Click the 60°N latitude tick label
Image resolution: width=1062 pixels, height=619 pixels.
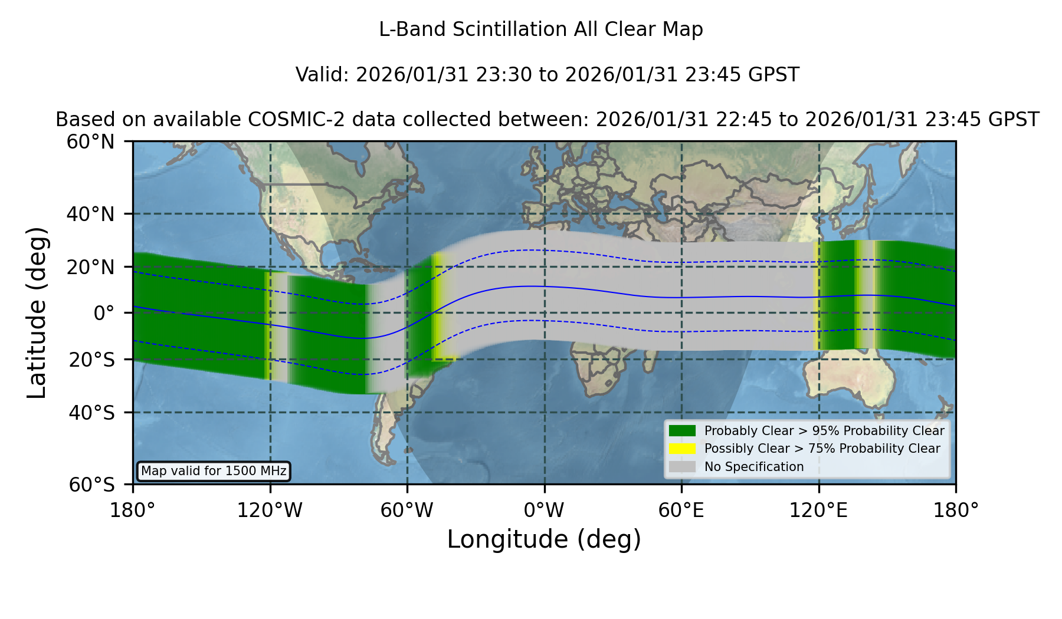(x=91, y=142)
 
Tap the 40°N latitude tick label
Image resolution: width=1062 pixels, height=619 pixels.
(x=91, y=214)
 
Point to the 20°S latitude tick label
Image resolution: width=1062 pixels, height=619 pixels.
(x=92, y=360)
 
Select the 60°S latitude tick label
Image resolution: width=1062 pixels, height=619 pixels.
(x=92, y=485)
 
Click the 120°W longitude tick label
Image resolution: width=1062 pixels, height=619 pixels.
(x=270, y=510)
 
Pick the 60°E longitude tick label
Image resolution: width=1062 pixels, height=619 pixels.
(x=681, y=510)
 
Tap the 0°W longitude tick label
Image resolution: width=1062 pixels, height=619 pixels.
(x=544, y=510)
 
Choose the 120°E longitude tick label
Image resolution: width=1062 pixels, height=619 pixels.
(x=818, y=510)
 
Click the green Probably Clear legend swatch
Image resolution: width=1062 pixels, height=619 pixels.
(x=682, y=430)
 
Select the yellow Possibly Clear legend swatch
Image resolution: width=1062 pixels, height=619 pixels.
(x=682, y=449)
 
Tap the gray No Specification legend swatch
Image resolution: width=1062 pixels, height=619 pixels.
(x=682, y=467)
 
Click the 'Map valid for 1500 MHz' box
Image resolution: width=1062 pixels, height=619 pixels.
(x=214, y=471)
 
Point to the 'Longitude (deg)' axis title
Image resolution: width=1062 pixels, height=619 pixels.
(x=544, y=539)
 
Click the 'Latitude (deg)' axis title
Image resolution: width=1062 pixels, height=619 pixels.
(x=37, y=312)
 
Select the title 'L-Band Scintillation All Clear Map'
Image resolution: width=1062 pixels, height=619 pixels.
(x=541, y=29)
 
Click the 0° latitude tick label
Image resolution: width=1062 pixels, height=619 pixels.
(x=104, y=313)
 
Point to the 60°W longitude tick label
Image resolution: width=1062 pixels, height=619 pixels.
(x=407, y=510)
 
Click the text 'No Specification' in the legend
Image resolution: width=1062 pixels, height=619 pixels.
(x=754, y=467)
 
